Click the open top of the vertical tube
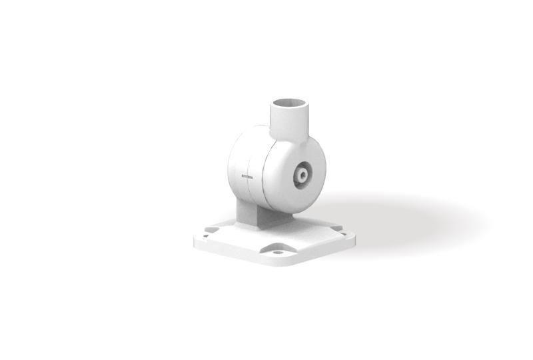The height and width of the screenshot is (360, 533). (291, 103)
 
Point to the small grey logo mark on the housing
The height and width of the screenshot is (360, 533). (245, 176)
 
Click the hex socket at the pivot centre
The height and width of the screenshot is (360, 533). (302, 175)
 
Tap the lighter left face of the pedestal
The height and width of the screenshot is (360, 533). (245, 215)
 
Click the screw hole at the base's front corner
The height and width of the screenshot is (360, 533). (278, 253)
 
